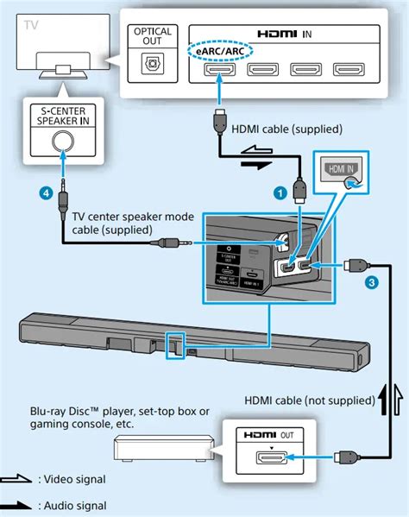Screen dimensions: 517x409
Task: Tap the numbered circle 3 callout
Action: pyautogui.click(x=371, y=281)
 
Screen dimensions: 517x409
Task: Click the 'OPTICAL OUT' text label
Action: pyautogui.click(x=152, y=35)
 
